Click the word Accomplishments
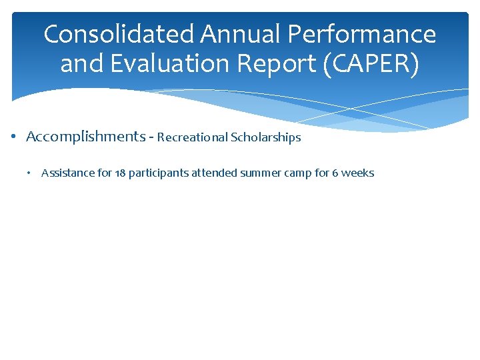coord(85,137)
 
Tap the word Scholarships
coord(265,138)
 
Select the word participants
coord(159,173)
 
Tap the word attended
coord(214,173)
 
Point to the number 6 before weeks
coord(335,173)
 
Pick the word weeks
coord(358,173)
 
